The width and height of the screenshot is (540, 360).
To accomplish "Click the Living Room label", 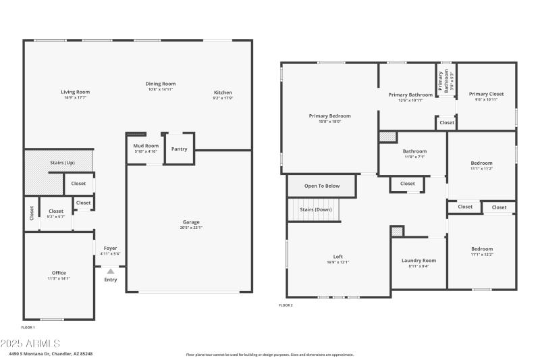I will click(x=75, y=92).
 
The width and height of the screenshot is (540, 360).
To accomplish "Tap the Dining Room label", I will click(x=161, y=84).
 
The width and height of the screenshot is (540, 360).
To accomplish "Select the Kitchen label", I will click(x=223, y=93).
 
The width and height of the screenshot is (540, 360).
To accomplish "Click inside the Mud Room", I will click(x=146, y=148).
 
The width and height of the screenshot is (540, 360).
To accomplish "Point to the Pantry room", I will click(x=179, y=149).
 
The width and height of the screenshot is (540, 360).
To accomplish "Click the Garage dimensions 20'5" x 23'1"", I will click(x=191, y=228).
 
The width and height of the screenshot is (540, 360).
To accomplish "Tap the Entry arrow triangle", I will click(x=110, y=272).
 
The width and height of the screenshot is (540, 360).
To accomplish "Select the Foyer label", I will click(x=110, y=248).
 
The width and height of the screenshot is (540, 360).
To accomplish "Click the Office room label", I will click(x=59, y=273).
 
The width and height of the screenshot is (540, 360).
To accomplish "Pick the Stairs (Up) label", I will click(x=62, y=163).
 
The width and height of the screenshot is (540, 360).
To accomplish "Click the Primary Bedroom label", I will click(x=329, y=115).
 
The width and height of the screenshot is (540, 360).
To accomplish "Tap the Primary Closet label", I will click(x=486, y=94).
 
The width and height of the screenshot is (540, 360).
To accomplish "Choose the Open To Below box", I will click(x=322, y=186).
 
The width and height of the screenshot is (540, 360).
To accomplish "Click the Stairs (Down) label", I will click(x=316, y=209).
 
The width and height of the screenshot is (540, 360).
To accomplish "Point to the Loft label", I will click(x=337, y=256).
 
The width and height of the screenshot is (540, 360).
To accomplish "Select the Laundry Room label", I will click(x=418, y=260).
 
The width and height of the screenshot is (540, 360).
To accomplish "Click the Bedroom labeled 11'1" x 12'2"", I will click(x=482, y=249).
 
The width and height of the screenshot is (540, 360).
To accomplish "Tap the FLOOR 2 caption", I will click(x=286, y=305).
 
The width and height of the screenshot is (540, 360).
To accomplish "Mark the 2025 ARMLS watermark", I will click(x=30, y=344).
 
